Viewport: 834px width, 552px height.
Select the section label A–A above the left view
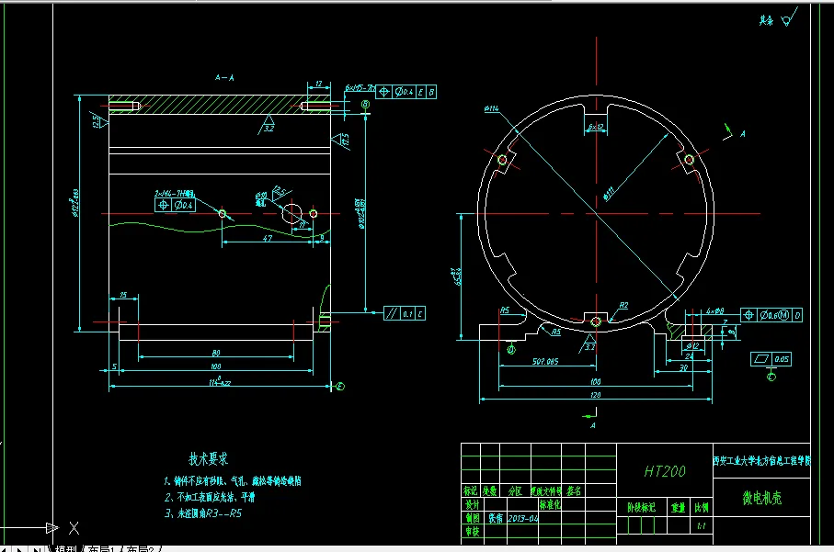(x=223, y=78)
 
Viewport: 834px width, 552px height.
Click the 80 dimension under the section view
(x=216, y=353)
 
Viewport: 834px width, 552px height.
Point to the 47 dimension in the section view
(x=267, y=238)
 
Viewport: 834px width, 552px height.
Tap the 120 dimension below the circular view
(x=595, y=395)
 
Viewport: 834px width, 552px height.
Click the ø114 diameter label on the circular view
(x=490, y=110)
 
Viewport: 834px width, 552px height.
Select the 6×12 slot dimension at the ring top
(x=595, y=126)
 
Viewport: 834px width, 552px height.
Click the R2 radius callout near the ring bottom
(x=623, y=305)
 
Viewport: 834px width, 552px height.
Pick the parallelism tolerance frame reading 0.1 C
(x=406, y=314)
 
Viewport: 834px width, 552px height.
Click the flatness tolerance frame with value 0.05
(x=771, y=358)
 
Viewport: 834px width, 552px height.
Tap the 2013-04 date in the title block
(x=523, y=517)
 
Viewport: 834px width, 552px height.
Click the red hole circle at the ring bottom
(x=595, y=321)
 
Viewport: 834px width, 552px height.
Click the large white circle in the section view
(x=291, y=214)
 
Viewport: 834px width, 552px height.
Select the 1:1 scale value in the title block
(x=702, y=526)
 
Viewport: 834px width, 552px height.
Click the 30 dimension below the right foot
(x=682, y=366)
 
